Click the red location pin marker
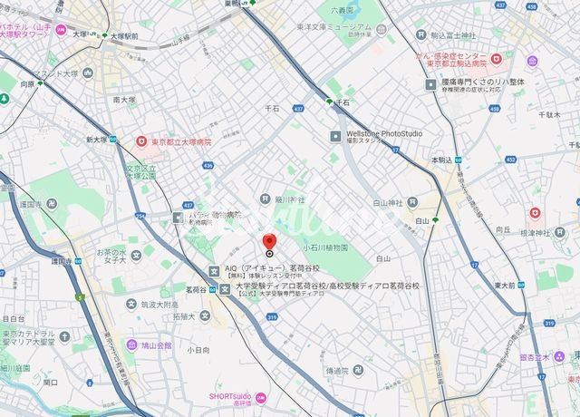point(268,241)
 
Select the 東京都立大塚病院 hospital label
point(179,141)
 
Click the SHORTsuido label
point(228,396)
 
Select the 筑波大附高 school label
point(159,305)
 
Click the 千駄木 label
point(548,115)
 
